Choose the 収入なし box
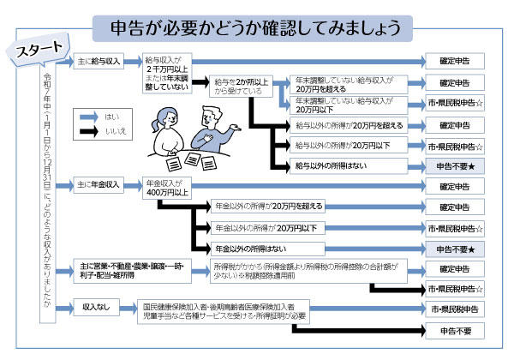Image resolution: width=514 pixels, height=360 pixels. (95, 306)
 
